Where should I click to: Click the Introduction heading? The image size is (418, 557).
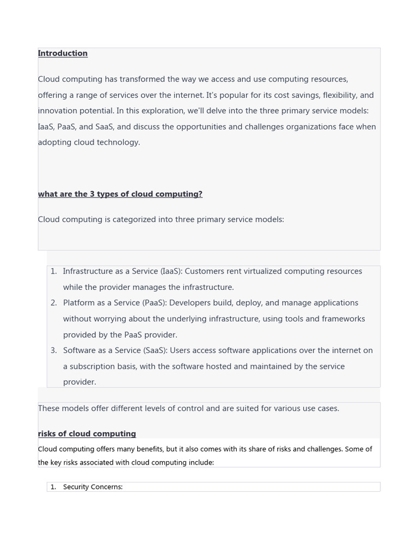click(63, 53)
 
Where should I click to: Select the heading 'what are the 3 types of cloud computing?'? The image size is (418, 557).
click(120, 194)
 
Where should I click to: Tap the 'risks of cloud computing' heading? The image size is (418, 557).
click(87, 434)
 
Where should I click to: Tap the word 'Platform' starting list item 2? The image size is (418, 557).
click(79, 303)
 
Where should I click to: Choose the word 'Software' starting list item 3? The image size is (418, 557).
click(79, 351)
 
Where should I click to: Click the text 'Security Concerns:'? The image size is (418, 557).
click(93, 487)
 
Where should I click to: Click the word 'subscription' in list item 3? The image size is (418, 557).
click(93, 367)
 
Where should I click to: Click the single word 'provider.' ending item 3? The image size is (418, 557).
click(79, 382)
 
